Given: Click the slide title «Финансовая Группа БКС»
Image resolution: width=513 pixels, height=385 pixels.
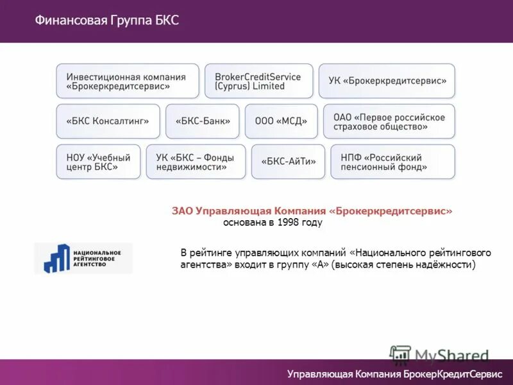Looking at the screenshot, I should (106, 21).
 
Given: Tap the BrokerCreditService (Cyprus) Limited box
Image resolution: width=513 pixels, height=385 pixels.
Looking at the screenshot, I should (258, 81).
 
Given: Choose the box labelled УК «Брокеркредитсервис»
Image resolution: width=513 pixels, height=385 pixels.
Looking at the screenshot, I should (387, 81).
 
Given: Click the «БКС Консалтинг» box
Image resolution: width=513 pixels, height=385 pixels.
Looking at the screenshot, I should (108, 121).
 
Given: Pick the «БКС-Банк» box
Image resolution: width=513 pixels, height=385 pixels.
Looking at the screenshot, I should (202, 121).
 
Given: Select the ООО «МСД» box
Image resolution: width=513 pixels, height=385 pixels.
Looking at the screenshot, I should (281, 121).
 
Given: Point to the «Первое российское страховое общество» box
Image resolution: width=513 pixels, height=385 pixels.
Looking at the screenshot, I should (389, 121).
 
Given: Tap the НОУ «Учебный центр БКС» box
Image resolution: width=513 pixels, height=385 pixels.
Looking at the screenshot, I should (98, 162).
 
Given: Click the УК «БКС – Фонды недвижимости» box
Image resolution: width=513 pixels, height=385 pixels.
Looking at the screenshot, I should (196, 162).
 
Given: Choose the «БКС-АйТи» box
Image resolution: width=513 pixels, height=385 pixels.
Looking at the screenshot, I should (288, 162).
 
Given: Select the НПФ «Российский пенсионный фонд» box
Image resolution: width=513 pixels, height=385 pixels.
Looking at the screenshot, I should (392, 162).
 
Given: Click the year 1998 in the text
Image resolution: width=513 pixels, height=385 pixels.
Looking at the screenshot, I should (289, 223).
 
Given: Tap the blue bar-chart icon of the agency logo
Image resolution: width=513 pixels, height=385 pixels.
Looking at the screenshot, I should (56, 258).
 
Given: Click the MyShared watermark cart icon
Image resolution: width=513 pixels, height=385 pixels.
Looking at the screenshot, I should (400, 355).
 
